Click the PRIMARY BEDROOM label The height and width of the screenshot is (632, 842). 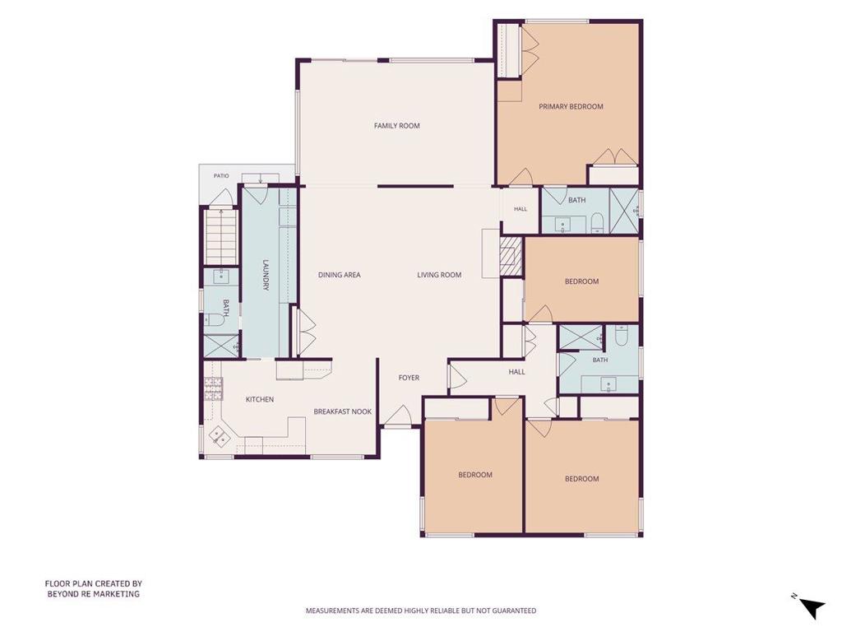tap(571, 106)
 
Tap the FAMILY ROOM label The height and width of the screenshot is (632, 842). tap(397, 126)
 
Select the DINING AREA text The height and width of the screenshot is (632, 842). tap(340, 275)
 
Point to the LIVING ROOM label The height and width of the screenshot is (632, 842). tap(439, 275)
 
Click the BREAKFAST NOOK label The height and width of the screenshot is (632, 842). tap(343, 411)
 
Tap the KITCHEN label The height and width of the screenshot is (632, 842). tap(260, 399)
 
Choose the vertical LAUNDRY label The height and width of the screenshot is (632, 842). tap(266, 276)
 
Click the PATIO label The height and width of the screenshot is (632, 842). tap(221, 176)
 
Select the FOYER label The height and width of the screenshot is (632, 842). tap(409, 378)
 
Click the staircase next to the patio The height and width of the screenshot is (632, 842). tap(221, 236)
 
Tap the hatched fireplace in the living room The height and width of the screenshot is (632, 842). tap(511, 257)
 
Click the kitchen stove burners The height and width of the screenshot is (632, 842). tap(213, 389)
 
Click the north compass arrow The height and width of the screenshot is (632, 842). tap(812, 608)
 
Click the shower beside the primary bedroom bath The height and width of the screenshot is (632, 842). tap(624, 210)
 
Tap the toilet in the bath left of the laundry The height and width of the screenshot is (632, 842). tap(215, 320)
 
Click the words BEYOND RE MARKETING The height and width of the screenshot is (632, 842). tap(94, 594)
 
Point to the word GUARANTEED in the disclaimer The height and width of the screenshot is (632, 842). tap(515, 611)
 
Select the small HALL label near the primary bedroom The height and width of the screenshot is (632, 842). tap(520, 209)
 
